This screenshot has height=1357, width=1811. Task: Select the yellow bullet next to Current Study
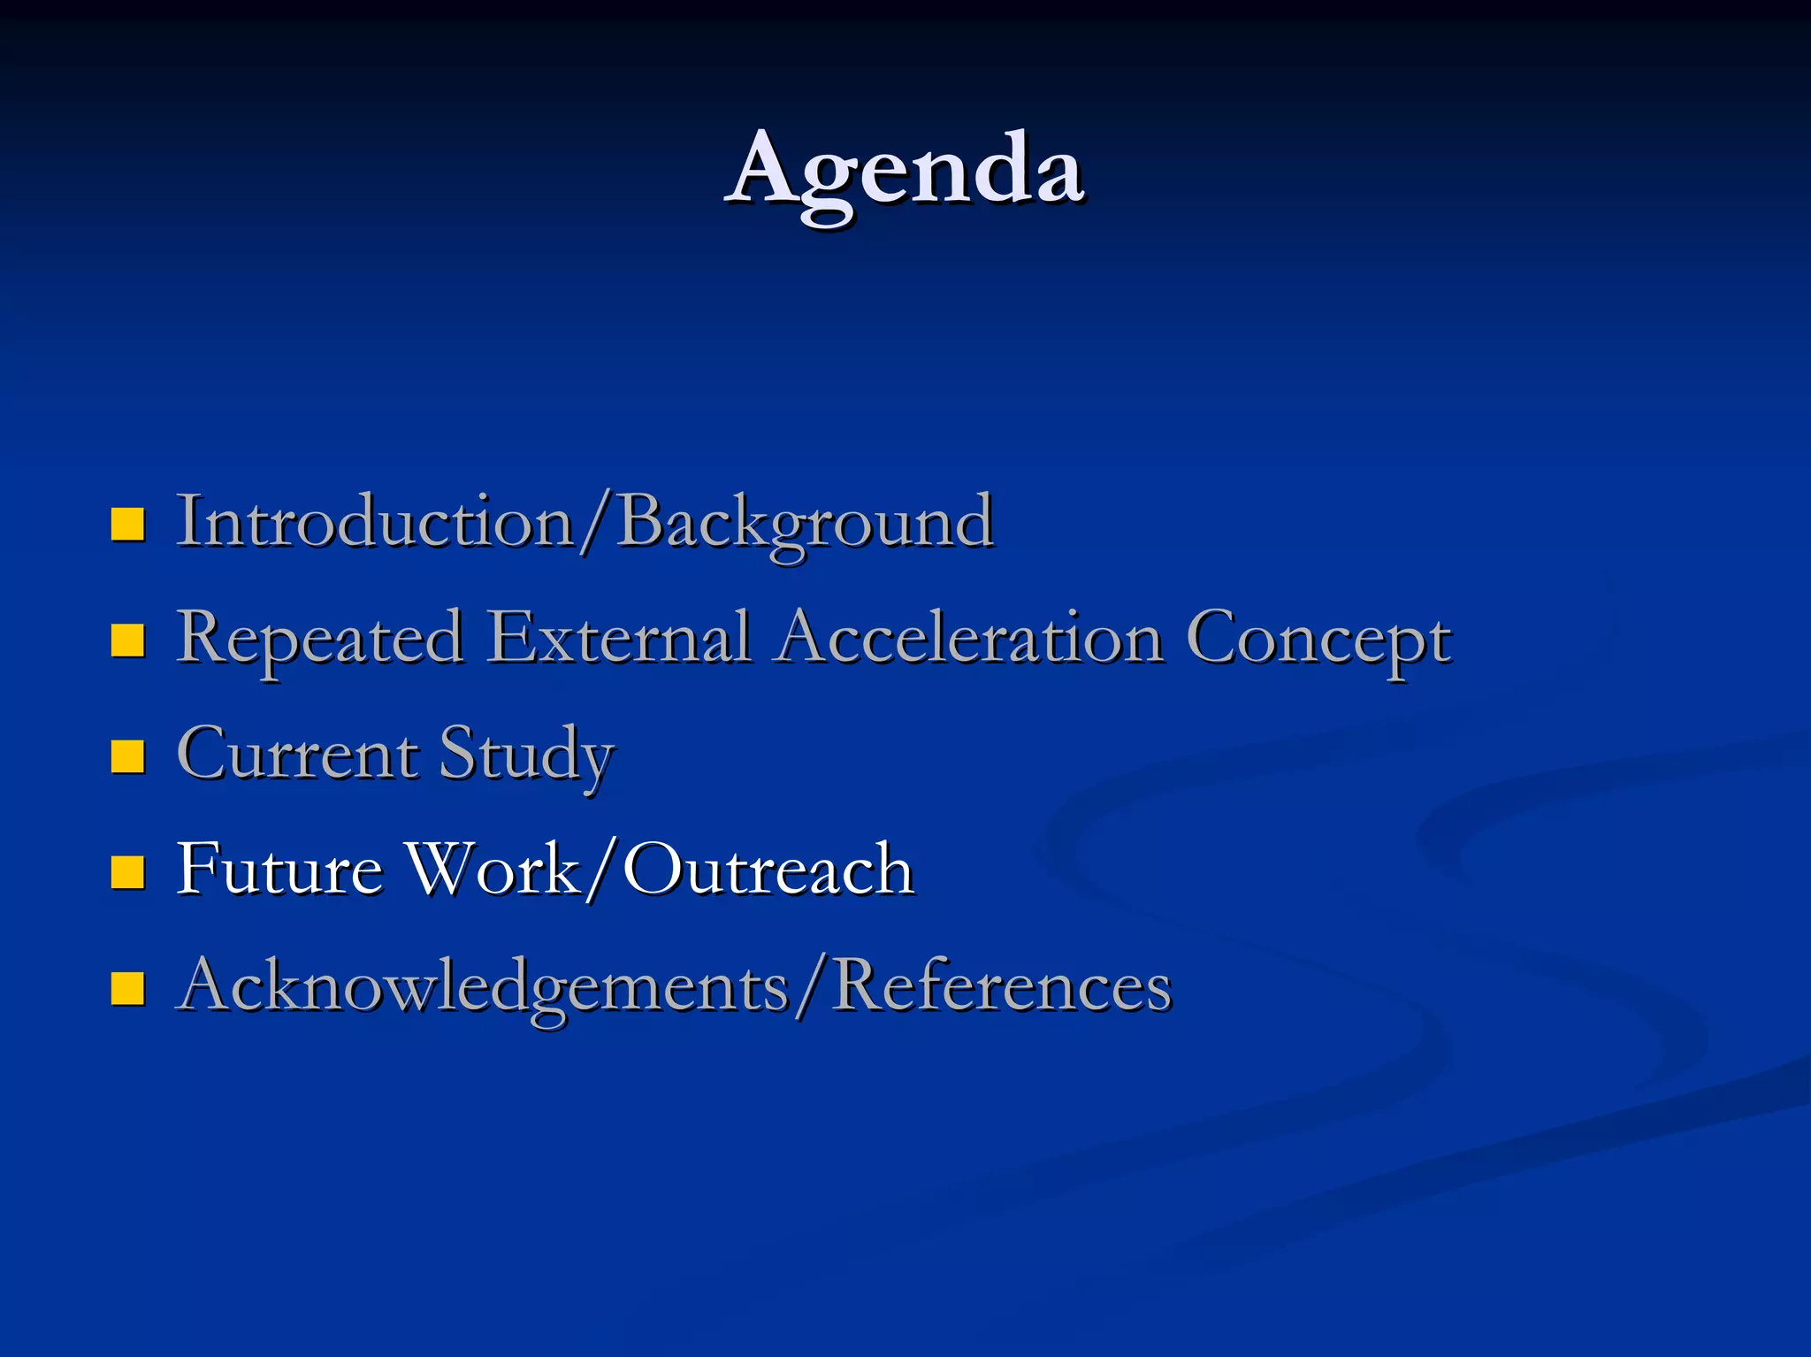click(x=128, y=756)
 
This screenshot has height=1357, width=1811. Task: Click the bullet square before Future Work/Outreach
click(x=128, y=871)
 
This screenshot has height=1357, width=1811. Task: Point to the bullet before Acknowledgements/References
click(x=128, y=989)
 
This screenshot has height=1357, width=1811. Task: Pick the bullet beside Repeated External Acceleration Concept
click(x=128, y=640)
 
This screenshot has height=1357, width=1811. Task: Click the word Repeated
click(x=319, y=639)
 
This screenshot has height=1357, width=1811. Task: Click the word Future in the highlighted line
click(x=279, y=869)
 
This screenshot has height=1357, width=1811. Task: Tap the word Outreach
click(x=768, y=869)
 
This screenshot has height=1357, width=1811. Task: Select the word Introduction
click(x=376, y=522)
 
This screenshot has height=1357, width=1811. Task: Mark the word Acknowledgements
click(x=483, y=985)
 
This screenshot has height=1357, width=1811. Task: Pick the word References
click(x=1002, y=985)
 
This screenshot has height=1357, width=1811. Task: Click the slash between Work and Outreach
click(x=600, y=870)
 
